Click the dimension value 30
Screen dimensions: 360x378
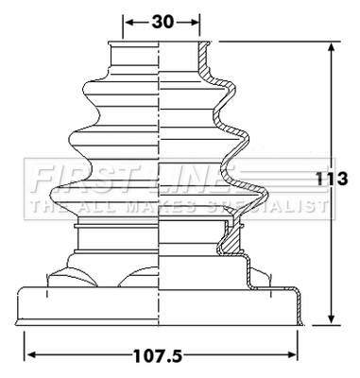163,22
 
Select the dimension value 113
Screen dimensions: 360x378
332,179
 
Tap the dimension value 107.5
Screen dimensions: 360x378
158,356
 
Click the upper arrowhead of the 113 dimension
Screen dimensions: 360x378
331,47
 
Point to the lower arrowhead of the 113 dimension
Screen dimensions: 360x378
331,318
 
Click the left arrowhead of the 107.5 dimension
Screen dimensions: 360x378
30,355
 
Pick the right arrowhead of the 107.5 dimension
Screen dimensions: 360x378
292,355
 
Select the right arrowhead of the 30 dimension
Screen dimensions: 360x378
194,23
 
